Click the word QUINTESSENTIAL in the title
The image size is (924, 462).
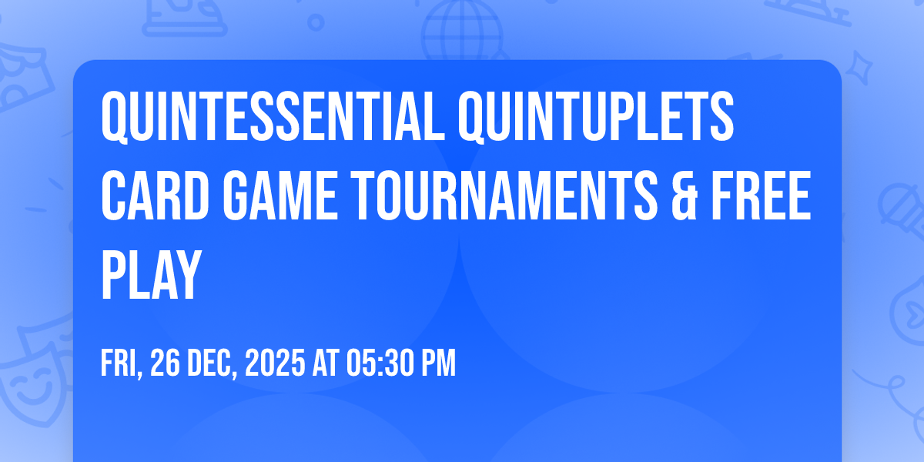[273, 117]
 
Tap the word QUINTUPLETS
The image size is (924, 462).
[596, 117]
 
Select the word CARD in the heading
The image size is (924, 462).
[156, 196]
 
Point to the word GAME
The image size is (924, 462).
[280, 196]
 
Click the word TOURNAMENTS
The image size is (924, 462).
[504, 196]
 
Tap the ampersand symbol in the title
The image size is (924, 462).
[685, 196]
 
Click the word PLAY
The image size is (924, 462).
[151, 275]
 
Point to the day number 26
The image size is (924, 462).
[165, 363]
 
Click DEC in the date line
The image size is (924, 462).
[213, 363]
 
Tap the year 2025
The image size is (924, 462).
[275, 363]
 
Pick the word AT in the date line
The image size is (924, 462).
[326, 363]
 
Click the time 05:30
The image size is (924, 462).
[380, 363]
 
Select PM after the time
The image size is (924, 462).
[438, 363]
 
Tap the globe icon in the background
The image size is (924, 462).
[462, 31]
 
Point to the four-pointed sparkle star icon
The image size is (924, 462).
[859, 68]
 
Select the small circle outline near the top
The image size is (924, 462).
[316, 22]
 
